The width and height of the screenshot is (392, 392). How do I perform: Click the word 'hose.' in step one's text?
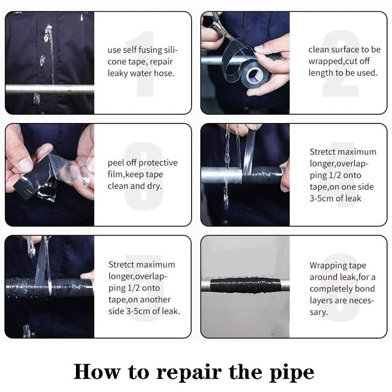click(162, 73)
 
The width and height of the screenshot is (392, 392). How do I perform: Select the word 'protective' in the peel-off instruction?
click(158, 163)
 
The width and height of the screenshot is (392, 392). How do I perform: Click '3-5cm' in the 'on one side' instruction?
click(321, 198)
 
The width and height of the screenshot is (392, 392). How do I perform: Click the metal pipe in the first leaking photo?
click(49, 89)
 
